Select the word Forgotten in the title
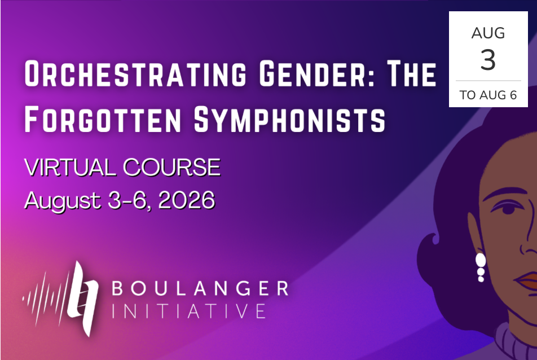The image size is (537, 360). point(103,119)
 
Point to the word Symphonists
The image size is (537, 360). point(290,119)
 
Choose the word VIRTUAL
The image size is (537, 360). point(70,168)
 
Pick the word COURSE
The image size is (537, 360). point(171,168)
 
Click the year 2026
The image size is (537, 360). point(187,200)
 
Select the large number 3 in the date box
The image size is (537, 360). point(488,60)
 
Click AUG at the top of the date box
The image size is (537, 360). point(488,33)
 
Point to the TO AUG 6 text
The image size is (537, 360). point(488,95)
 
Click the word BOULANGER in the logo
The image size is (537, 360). point(200,288)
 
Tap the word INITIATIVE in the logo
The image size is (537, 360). point(189,311)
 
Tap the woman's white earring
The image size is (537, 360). point(481,267)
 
